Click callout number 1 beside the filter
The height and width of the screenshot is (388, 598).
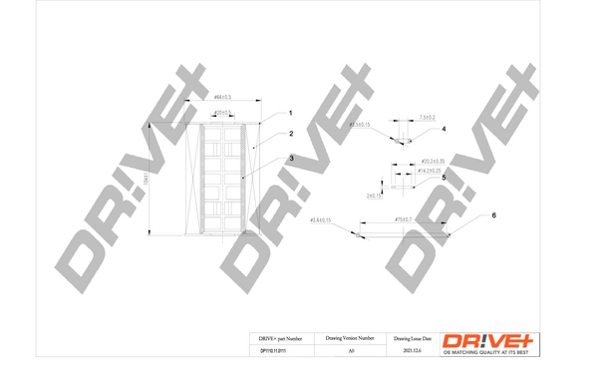290,113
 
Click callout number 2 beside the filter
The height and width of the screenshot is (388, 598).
290,134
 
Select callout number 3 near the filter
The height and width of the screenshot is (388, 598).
290,158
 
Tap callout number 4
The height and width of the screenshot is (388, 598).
444,130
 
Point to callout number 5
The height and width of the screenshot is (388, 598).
444,178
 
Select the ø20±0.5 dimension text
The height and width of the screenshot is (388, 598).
223,112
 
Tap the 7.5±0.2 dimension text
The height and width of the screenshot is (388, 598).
428,117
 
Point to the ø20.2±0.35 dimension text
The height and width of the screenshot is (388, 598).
433,160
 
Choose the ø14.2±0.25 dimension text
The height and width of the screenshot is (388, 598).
431,172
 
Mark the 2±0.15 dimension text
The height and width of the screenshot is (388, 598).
376,195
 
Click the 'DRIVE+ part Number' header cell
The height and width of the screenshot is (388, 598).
272,340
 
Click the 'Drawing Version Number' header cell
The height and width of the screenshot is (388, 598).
350,340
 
